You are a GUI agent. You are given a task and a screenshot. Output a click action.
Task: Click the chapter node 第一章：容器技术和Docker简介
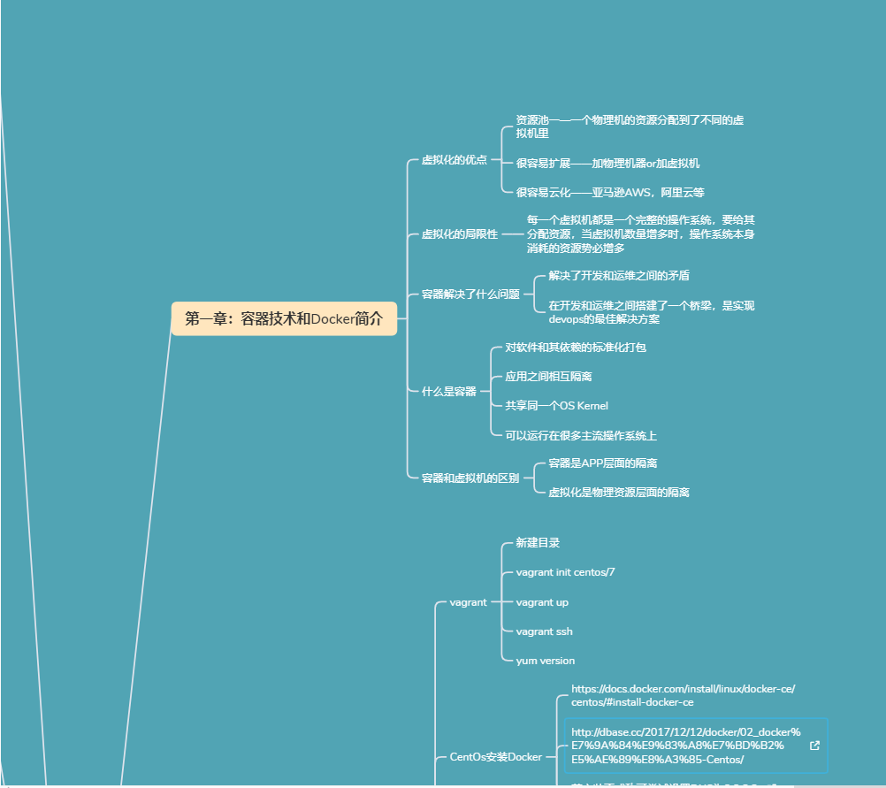[284, 318]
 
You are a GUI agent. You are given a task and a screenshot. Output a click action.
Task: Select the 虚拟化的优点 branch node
[454, 160]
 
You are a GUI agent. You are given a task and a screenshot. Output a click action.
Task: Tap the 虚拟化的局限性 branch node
[459, 234]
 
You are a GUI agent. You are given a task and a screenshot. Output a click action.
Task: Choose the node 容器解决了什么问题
[470, 294]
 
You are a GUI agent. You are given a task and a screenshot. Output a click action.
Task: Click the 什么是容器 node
[448, 391]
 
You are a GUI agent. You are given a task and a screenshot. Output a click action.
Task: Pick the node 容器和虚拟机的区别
[470, 478]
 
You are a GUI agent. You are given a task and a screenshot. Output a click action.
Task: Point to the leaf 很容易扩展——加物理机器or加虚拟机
[607, 163]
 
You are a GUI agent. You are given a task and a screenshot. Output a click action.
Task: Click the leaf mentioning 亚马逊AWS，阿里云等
[609, 192]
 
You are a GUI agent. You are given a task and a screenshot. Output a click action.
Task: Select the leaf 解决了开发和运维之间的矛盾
[619, 276]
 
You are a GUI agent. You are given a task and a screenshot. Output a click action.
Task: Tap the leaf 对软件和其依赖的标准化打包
[575, 347]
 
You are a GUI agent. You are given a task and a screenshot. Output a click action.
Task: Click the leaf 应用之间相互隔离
[548, 376]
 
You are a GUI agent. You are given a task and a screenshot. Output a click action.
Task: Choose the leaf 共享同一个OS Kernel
[556, 405]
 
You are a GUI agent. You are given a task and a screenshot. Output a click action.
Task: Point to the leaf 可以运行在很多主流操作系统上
[580, 435]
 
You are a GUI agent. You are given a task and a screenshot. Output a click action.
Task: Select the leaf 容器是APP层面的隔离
[602, 463]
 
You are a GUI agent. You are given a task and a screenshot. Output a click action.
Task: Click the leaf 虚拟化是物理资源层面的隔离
[619, 492]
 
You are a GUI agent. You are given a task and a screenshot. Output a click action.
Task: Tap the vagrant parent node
[468, 602]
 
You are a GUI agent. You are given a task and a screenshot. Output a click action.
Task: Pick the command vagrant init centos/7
[565, 572]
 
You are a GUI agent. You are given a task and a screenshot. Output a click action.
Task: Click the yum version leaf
[545, 660]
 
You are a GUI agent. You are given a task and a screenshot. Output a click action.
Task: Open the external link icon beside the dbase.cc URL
[814, 745]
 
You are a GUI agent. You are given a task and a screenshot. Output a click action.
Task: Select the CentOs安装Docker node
[495, 757]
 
